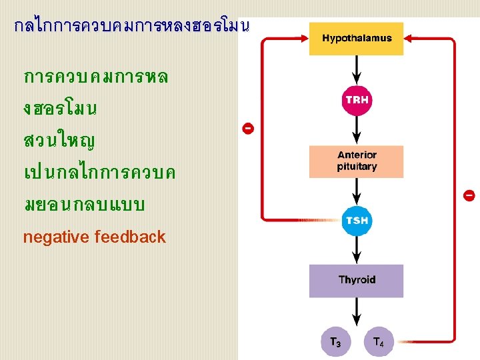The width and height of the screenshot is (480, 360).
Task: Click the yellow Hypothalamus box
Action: (x=357, y=39)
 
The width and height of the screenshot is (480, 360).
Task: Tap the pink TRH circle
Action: (x=357, y=101)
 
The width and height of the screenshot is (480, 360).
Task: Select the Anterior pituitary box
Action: (x=357, y=161)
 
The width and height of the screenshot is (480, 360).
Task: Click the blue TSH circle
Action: (x=357, y=221)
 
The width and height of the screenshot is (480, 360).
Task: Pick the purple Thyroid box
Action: (x=357, y=281)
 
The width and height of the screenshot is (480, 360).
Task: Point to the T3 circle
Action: (x=335, y=343)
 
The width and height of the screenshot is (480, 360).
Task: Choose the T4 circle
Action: (x=378, y=343)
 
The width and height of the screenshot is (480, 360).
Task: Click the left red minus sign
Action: (x=247, y=127)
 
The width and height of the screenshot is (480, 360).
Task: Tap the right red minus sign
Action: (x=469, y=195)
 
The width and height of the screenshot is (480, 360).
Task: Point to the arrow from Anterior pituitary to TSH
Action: (x=357, y=191)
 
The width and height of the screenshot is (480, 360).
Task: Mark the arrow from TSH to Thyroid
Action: (x=357, y=251)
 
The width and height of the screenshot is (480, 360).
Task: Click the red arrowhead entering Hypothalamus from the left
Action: (x=303, y=39)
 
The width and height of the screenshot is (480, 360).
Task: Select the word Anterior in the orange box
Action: (x=357, y=155)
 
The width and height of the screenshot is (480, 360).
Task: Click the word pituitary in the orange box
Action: (x=357, y=167)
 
